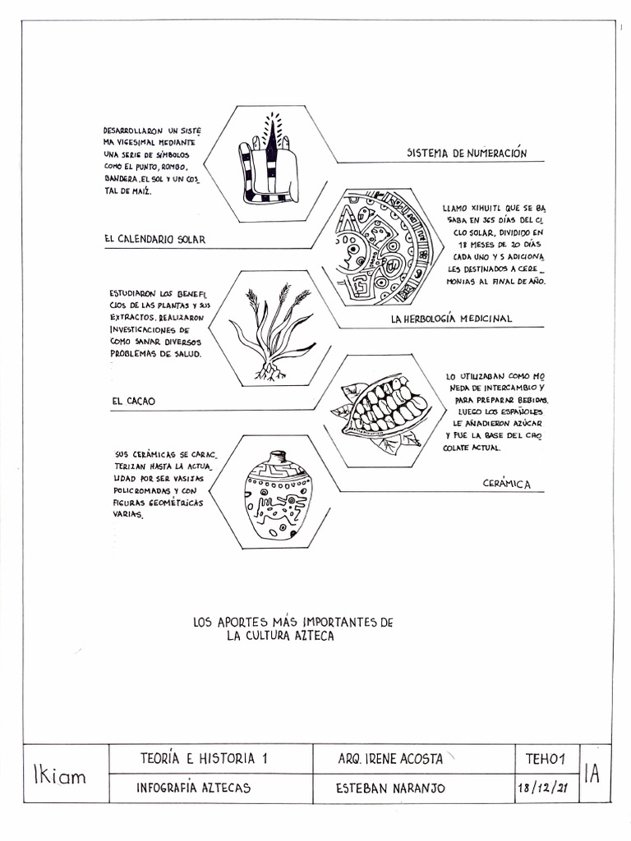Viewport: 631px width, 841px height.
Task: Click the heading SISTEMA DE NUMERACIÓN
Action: (x=467, y=153)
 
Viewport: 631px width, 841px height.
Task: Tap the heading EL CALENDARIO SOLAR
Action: (x=154, y=239)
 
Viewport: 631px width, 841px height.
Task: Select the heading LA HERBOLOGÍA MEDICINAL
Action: (x=451, y=318)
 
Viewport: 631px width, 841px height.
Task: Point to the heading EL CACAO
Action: (x=133, y=401)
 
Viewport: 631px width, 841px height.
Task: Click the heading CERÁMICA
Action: (x=506, y=484)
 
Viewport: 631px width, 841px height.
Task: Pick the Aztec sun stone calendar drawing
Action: (x=382, y=247)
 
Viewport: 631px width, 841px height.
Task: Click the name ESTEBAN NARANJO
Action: (x=391, y=788)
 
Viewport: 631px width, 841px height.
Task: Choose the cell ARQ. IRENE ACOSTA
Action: (x=390, y=759)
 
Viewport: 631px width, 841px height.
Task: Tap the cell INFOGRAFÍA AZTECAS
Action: (x=193, y=788)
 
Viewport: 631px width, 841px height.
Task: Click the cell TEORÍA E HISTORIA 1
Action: (x=204, y=759)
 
